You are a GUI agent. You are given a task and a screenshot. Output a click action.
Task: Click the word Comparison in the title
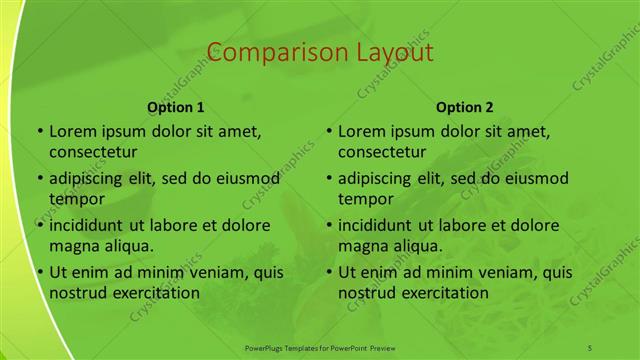[x=265, y=52]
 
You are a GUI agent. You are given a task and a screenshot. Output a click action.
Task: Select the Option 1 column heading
[x=176, y=106]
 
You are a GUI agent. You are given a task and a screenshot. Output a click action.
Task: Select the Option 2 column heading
[x=465, y=106]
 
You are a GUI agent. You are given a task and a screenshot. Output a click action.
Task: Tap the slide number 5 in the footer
[x=590, y=346]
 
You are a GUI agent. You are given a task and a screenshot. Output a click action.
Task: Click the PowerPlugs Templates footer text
[x=320, y=346]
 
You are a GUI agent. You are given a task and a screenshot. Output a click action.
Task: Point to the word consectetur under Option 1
[x=93, y=152]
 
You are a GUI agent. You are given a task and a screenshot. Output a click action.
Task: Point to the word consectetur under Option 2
[x=382, y=152]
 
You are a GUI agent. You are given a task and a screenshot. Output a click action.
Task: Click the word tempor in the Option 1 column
[x=74, y=199]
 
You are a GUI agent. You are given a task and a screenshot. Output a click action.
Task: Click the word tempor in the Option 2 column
[x=363, y=199]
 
